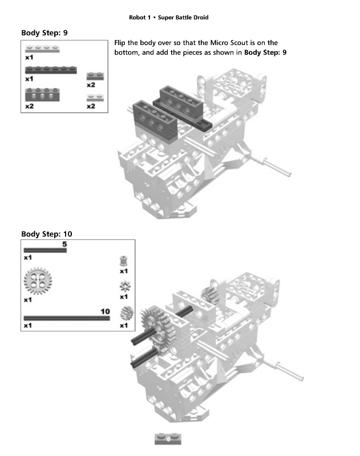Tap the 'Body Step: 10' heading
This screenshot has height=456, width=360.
point(46,234)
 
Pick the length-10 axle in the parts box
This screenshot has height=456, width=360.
point(66,318)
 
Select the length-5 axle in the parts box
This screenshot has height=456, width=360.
point(45,250)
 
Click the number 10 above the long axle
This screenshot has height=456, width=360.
point(105,311)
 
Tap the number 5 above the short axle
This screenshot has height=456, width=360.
point(64,244)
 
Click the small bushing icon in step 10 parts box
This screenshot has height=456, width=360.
point(123,261)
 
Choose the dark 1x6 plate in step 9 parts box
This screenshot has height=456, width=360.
point(51,70)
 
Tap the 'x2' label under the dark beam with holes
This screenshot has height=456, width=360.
point(29,106)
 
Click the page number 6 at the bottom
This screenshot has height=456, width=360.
point(168,439)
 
